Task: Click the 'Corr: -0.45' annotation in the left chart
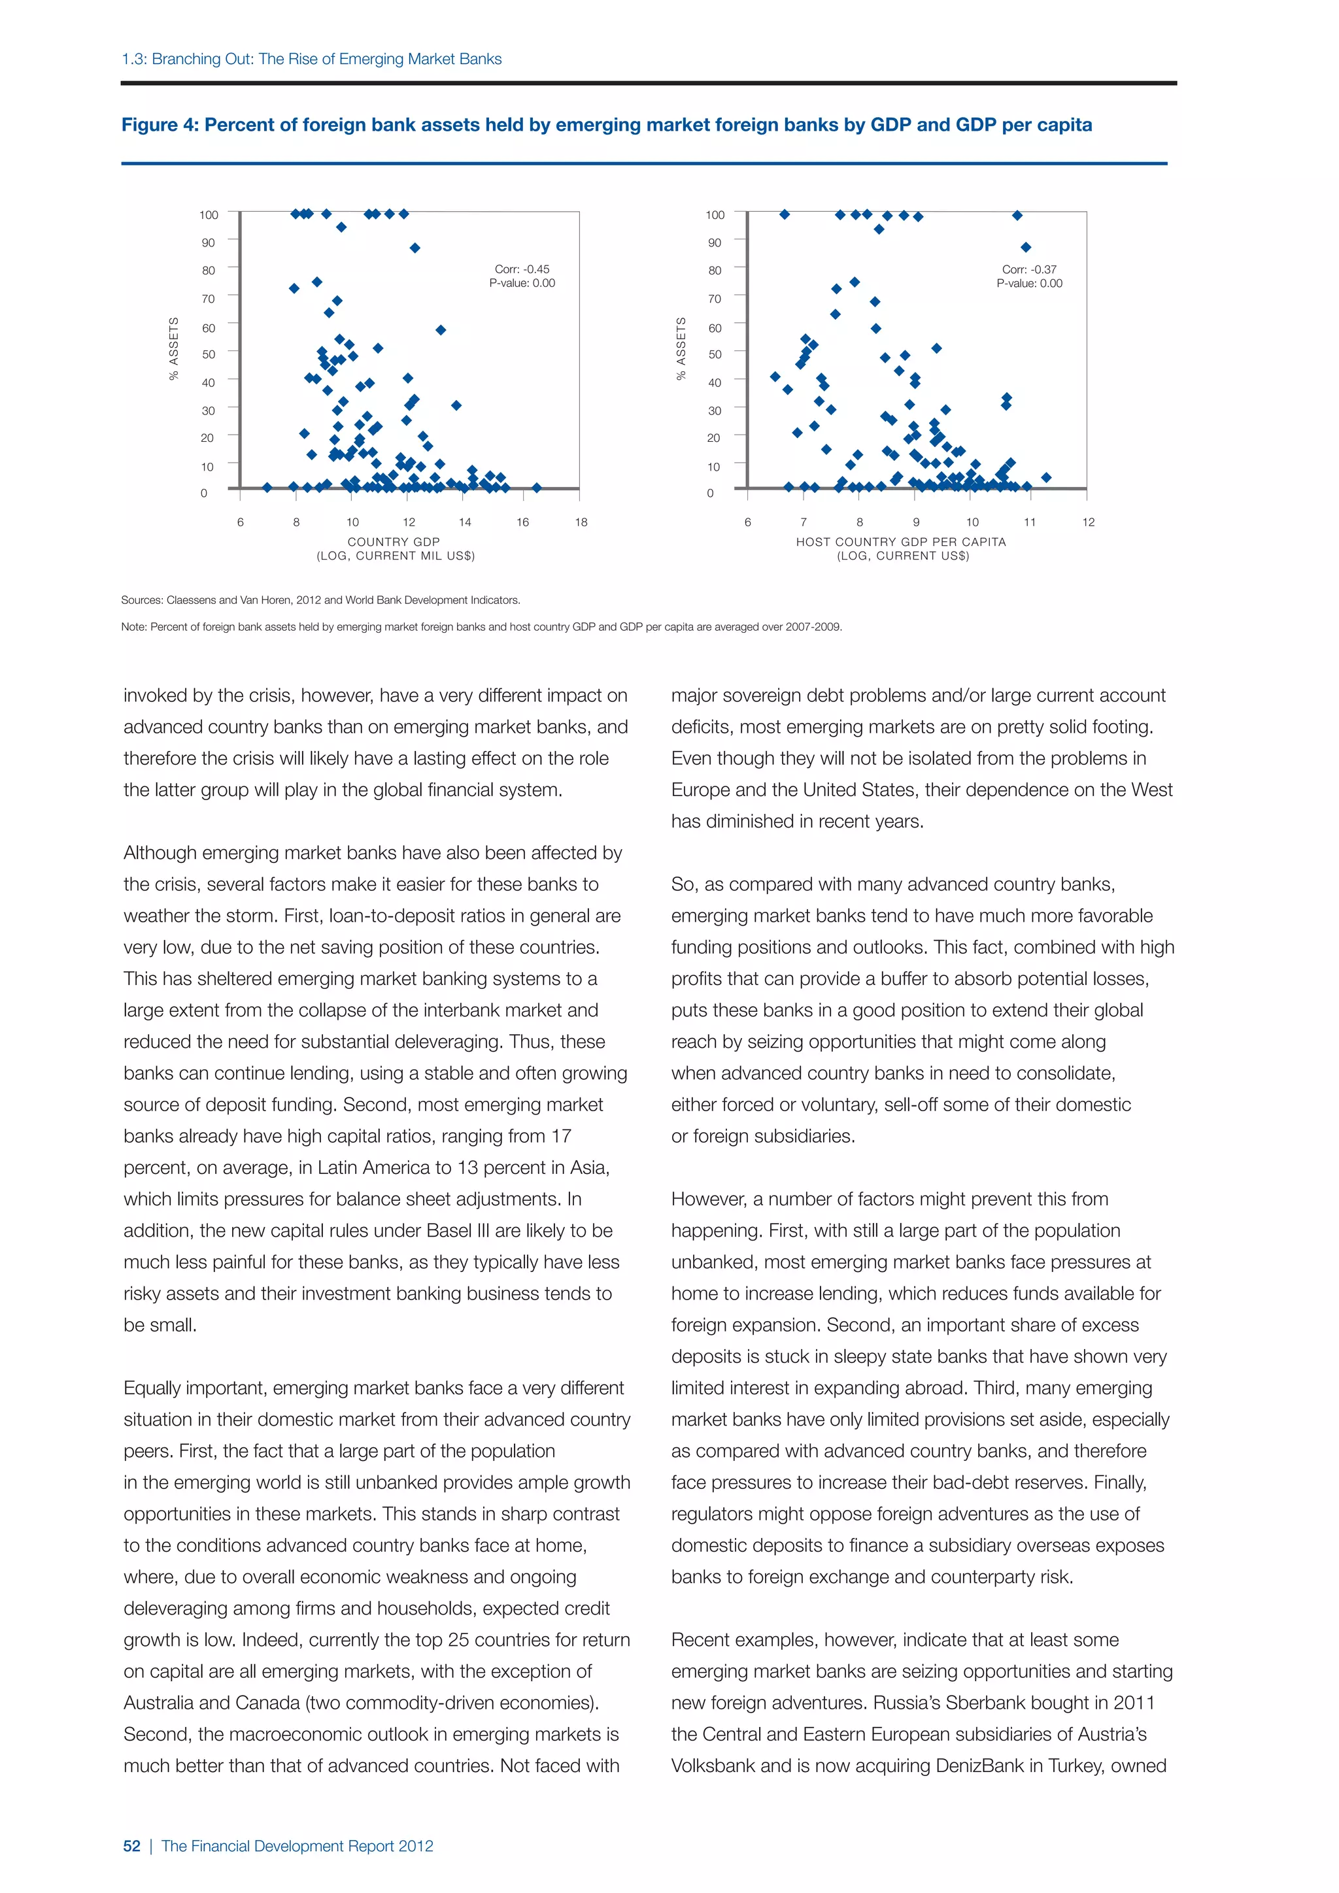tap(522, 269)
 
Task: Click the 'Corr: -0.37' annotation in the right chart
tap(1029, 269)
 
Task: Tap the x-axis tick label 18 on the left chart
tap(581, 522)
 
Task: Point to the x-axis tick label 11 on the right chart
tap(1030, 522)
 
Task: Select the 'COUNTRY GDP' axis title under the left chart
tap(394, 542)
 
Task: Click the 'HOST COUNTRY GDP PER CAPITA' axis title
tap(901, 542)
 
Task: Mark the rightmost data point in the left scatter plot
tap(537, 487)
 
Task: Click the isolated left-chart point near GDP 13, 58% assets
tap(441, 330)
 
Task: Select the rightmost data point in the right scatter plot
tap(1046, 477)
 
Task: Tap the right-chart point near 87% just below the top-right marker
tap(1026, 247)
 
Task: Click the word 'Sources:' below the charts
tap(142, 600)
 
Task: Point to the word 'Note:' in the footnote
tap(133, 627)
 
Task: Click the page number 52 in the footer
tap(132, 1846)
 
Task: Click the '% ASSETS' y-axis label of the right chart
tap(681, 349)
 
